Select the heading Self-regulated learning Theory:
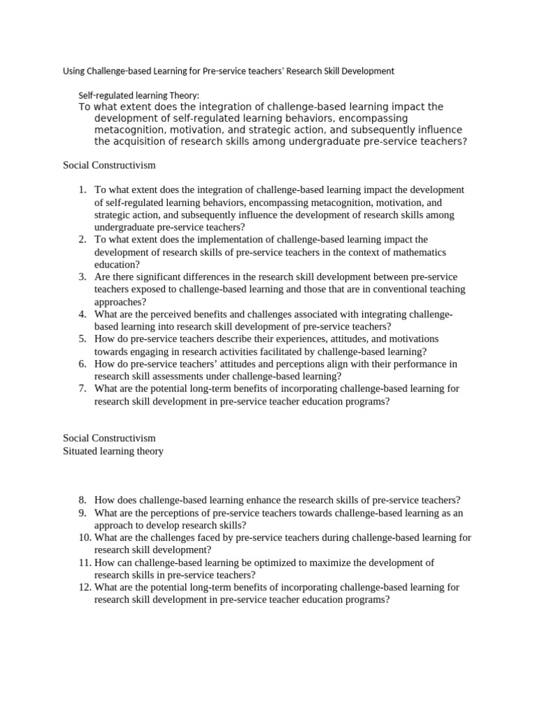coord(139,95)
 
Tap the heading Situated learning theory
coord(113,451)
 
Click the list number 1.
coord(82,190)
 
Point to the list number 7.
coord(82,389)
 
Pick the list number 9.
coord(82,513)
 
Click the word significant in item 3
coord(149,277)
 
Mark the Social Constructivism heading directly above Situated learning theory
coord(109,439)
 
